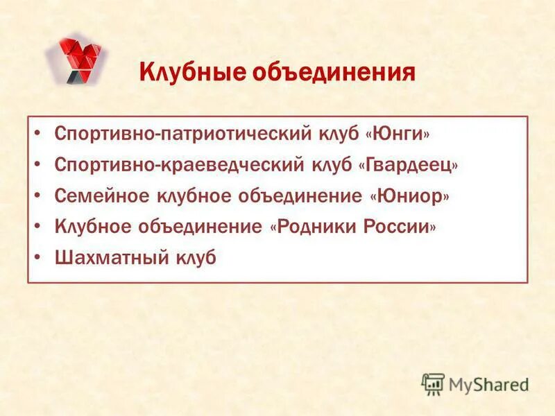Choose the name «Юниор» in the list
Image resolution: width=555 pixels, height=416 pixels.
(x=409, y=196)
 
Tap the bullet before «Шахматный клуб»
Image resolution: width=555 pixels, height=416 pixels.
(x=40, y=259)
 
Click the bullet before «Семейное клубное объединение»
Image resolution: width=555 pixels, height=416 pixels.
(x=40, y=197)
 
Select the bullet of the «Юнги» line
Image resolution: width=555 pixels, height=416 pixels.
(x=40, y=132)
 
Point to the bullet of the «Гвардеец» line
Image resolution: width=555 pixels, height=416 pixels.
(x=40, y=165)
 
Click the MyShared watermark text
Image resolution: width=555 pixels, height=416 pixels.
(x=488, y=383)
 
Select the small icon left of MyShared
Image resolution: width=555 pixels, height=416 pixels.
(x=433, y=383)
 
